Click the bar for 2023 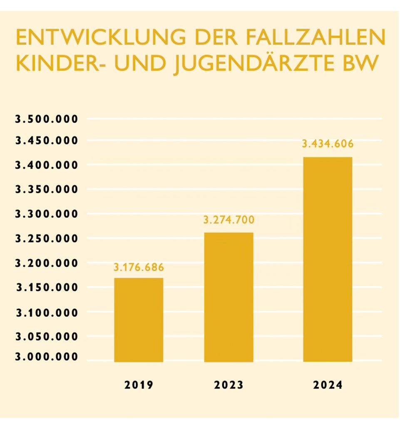(x=228, y=297)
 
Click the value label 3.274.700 (x=229, y=220)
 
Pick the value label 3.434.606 (x=328, y=144)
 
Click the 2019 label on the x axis (x=139, y=385)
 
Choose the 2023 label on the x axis (x=229, y=385)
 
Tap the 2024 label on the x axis (x=328, y=385)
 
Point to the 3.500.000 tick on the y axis (x=46, y=119)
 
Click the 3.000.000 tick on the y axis (x=46, y=357)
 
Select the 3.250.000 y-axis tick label (x=46, y=238)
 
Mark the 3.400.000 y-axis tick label (x=46, y=165)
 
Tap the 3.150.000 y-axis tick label (x=46, y=287)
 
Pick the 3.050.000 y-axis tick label (x=46, y=336)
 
